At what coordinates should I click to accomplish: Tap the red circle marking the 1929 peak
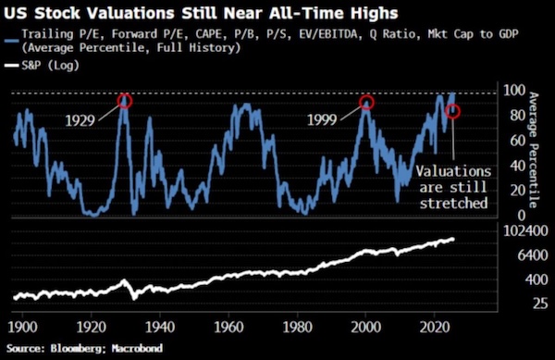(124, 101)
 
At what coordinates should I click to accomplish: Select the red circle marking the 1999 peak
(367, 103)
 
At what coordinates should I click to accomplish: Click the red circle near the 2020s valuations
(453, 111)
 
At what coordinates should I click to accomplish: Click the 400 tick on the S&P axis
(510, 279)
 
